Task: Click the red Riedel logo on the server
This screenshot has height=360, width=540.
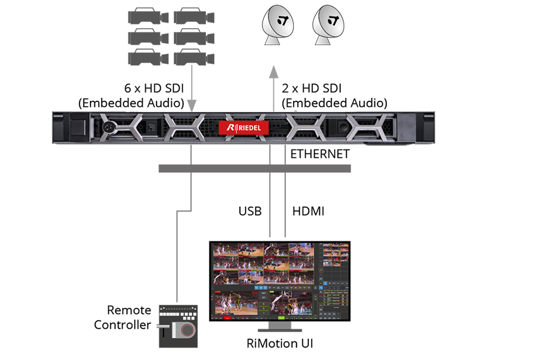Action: [244, 128]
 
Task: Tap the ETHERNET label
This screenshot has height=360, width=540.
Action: [320, 154]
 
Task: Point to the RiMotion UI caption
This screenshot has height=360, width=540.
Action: [279, 343]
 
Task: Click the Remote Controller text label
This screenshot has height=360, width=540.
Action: [123, 317]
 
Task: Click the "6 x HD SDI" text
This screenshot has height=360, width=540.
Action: [154, 89]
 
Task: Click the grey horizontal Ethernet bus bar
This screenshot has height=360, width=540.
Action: [255, 168]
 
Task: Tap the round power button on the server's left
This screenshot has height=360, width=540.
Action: [108, 128]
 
